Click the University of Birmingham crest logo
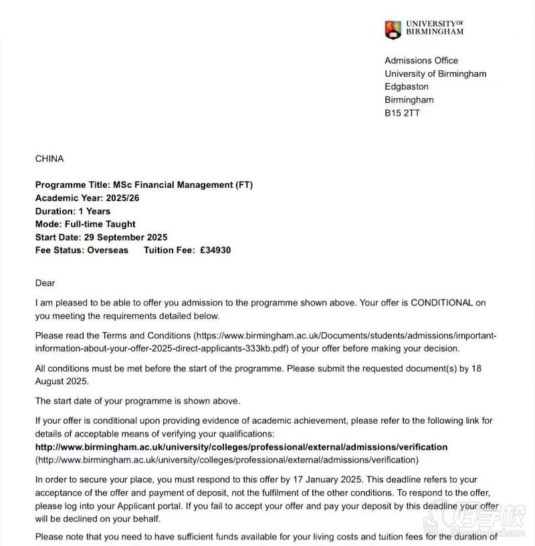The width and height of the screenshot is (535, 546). (393, 29)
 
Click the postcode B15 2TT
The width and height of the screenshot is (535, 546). (402, 113)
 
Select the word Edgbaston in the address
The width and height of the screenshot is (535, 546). (407, 87)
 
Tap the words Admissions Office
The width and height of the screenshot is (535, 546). (421, 61)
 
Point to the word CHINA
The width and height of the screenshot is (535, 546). (49, 159)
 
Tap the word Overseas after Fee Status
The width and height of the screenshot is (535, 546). (108, 251)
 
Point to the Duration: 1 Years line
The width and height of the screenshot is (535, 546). (73, 211)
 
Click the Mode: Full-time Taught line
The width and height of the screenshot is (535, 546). (85, 225)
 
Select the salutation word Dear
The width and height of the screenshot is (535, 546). (45, 283)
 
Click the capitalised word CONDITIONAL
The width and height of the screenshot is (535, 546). (441, 303)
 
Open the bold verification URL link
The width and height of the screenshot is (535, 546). (241, 447)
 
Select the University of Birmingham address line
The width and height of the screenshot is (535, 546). (435, 74)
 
